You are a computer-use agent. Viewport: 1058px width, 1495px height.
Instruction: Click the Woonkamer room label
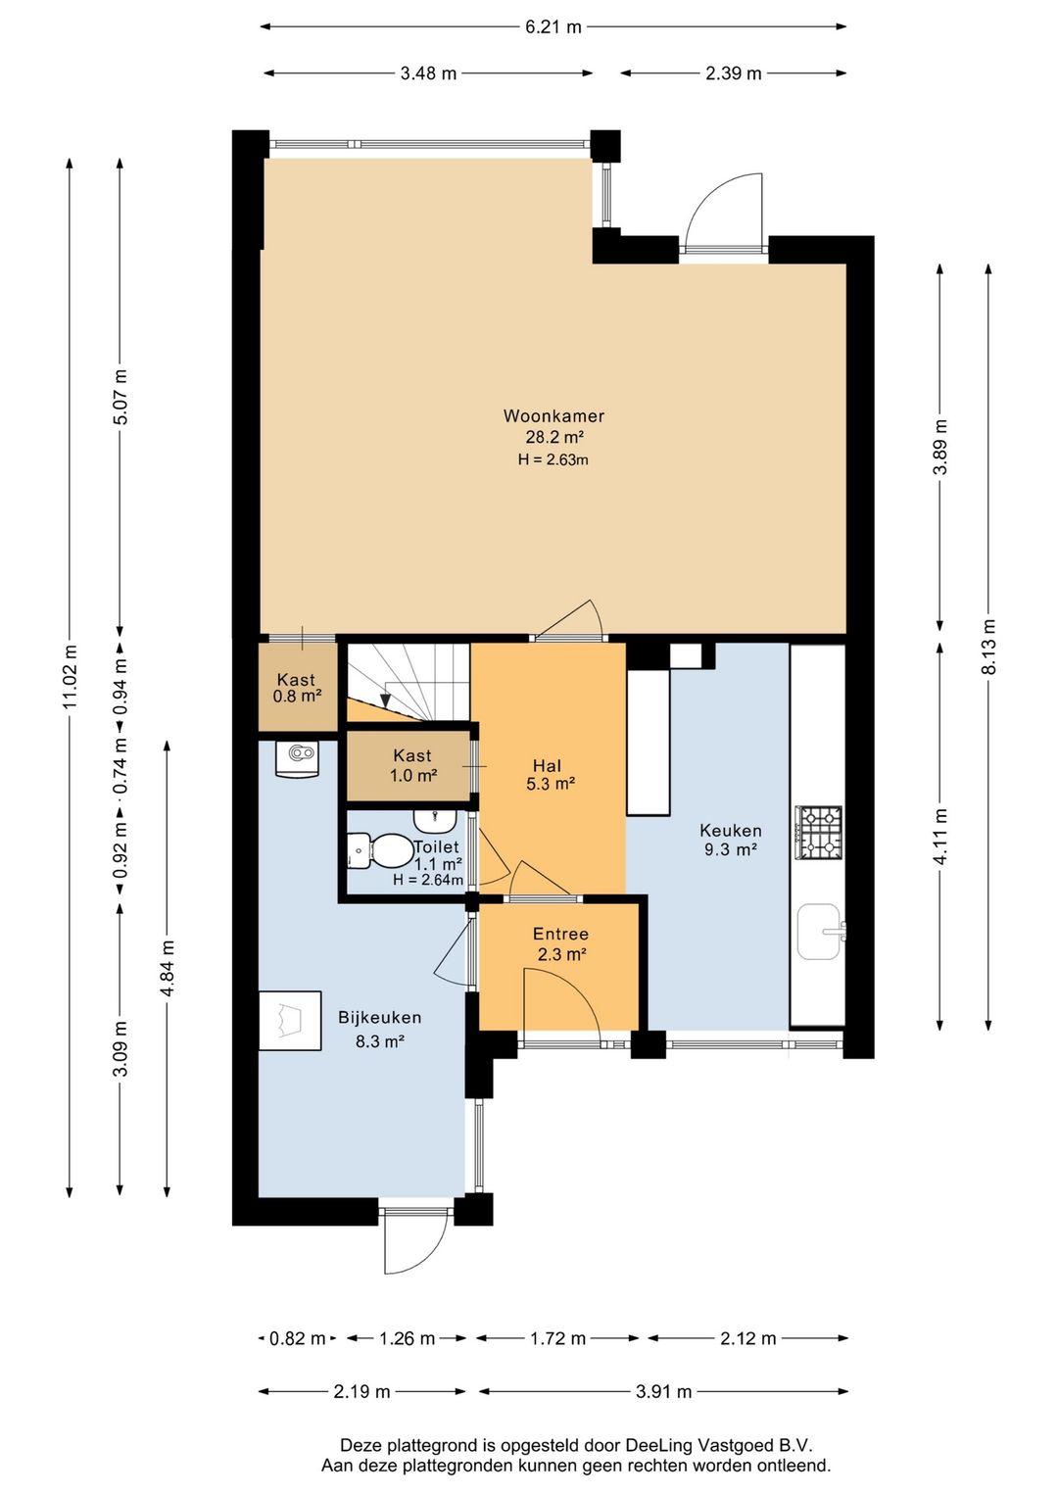coord(553,415)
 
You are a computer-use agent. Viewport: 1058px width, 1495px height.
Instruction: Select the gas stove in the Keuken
coord(818,833)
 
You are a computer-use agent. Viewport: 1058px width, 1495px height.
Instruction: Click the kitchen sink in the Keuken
coord(821,931)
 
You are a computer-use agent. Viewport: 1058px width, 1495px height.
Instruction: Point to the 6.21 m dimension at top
coord(553,26)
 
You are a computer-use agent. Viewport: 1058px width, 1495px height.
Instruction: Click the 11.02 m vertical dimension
coord(70,677)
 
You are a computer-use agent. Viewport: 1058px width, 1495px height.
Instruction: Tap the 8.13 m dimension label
coord(988,647)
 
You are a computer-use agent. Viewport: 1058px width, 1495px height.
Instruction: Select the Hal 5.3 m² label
coord(551,774)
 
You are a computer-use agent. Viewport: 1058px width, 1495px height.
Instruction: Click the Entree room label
coord(560,934)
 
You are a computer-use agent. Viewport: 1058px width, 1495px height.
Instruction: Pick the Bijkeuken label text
coord(379,1018)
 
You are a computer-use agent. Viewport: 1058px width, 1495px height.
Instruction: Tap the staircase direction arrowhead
coord(385,700)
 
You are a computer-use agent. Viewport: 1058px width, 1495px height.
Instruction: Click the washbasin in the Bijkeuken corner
coord(297,758)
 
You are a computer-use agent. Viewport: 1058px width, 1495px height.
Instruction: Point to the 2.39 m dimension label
coord(733,72)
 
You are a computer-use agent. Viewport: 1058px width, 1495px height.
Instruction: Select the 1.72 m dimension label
coord(558,1338)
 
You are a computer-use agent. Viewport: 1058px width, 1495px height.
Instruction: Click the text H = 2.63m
coord(553,459)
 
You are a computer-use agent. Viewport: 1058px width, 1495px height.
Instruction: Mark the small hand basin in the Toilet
coord(435,818)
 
